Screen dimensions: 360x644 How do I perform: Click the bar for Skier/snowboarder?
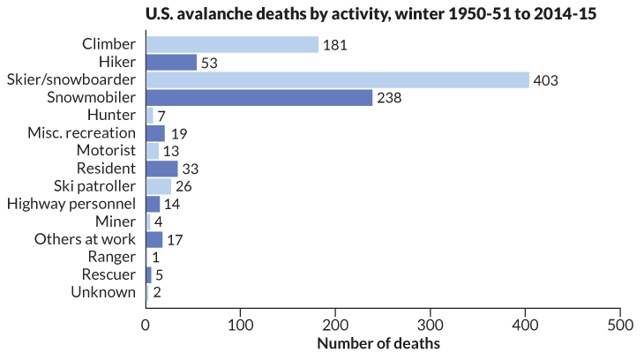(337, 79)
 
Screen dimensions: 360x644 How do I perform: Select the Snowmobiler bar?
(258, 97)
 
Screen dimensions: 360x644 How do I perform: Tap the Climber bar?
(231, 44)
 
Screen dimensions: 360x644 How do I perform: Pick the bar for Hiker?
(171, 62)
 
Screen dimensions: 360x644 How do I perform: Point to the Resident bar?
(161, 168)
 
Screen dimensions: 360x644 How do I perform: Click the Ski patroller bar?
(158, 185)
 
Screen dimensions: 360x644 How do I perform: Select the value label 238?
(389, 98)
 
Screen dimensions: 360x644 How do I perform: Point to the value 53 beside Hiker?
(211, 63)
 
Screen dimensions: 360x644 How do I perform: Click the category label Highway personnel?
(71, 204)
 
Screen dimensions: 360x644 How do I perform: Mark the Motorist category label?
(105, 151)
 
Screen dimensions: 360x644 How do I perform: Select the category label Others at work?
(85, 239)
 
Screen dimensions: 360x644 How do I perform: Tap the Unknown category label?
(103, 292)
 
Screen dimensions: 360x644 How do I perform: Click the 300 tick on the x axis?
(431, 325)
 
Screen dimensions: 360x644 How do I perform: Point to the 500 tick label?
(620, 325)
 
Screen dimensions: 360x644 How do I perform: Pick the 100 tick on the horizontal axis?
(240, 325)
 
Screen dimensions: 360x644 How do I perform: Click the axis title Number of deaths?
(378, 342)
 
